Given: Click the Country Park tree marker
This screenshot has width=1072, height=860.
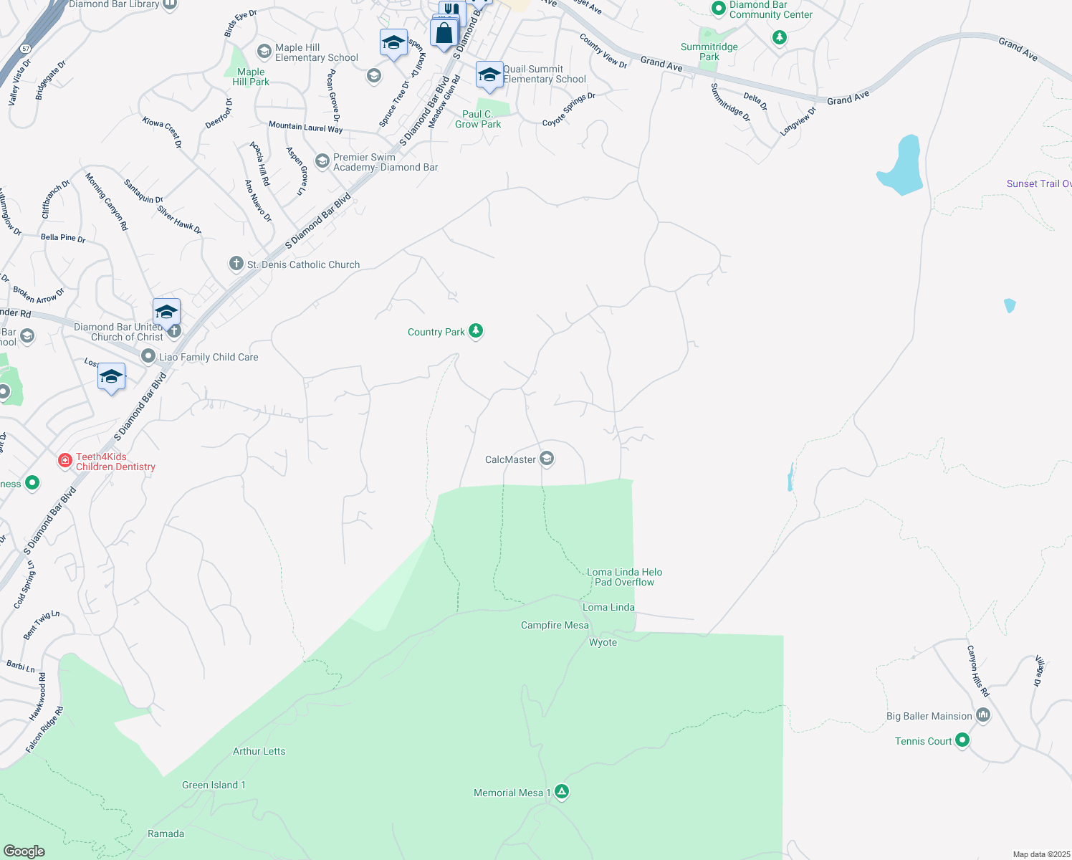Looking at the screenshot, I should [476, 330].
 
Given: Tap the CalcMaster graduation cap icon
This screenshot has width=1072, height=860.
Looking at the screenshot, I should [547, 459].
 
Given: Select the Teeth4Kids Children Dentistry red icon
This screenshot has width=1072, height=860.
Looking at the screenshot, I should [65, 460].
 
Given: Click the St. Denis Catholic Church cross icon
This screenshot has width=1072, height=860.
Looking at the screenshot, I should [236, 264].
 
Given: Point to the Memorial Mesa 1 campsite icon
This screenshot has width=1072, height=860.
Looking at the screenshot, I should [563, 792].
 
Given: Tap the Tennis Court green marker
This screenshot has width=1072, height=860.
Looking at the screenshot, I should [962, 740].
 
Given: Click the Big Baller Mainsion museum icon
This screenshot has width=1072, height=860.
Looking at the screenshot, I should [983, 715].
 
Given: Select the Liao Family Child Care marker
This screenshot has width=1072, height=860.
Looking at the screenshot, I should [148, 356].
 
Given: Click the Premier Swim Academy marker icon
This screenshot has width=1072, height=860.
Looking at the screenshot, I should [322, 161].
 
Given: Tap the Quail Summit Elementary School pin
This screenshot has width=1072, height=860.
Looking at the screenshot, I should [489, 75].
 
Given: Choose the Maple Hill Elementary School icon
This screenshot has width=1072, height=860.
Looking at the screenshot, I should [264, 51].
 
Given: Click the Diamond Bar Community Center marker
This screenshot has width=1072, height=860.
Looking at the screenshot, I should [719, 8].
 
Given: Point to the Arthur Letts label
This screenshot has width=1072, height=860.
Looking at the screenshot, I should [259, 751].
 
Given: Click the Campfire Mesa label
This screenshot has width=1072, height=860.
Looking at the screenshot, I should [555, 625].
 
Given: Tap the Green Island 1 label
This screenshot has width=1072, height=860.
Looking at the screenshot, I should [214, 785].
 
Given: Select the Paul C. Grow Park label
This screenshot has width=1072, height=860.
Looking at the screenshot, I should [478, 119].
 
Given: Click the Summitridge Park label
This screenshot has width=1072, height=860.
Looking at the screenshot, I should [709, 52].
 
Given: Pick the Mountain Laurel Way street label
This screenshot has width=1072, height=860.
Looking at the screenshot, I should [305, 128].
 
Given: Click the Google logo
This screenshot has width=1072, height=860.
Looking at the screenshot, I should [24, 851].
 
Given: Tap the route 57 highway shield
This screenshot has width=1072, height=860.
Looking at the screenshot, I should [26, 49].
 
